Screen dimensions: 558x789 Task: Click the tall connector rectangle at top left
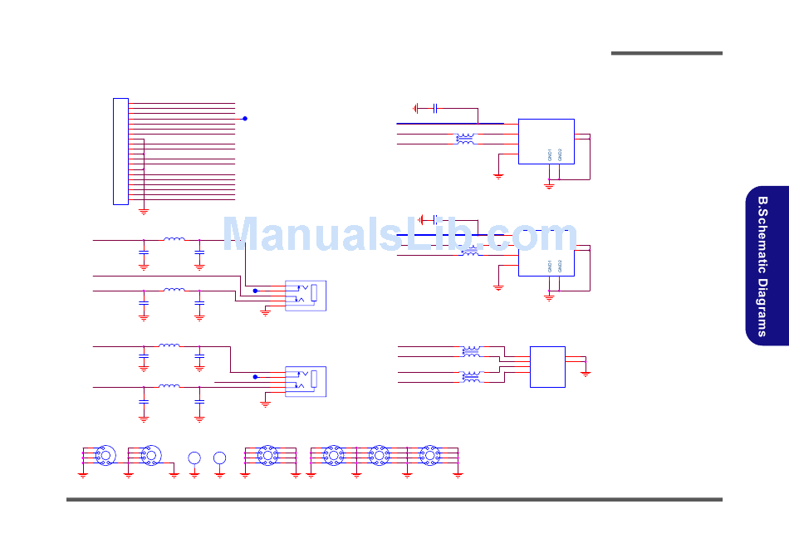120,151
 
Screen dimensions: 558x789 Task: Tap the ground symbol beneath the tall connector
144,211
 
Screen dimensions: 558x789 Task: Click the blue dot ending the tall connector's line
245,119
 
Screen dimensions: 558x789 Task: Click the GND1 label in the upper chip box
550,154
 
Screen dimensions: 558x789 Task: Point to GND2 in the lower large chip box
561,266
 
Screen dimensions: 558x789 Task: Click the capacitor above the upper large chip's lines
436,108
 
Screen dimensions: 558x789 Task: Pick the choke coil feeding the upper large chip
465,139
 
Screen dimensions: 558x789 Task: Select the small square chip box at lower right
548,366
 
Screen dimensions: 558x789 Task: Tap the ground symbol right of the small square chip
586,374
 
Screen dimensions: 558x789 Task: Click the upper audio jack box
306,296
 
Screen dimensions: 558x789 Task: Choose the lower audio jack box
306,381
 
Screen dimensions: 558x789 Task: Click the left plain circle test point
194,458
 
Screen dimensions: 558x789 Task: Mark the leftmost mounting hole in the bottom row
105,455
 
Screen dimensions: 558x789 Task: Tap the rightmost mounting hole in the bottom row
429,455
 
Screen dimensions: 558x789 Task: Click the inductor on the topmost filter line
174,240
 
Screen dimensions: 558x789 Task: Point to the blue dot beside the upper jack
255,291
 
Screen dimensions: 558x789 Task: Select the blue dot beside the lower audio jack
255,377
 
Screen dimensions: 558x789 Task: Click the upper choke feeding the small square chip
471,350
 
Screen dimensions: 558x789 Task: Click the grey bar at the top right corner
666,53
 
